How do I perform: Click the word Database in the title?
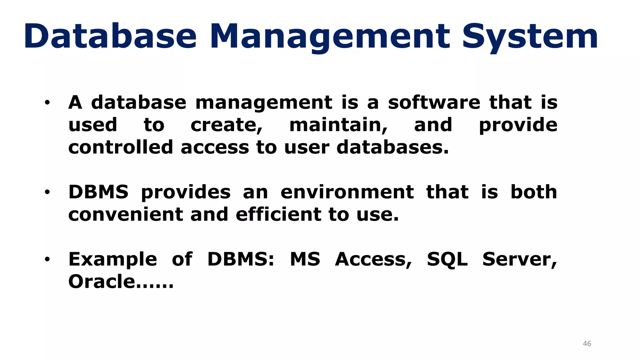pyautogui.click(x=110, y=37)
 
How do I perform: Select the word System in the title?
pyautogui.click(x=530, y=37)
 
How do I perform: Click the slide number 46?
pyautogui.click(x=587, y=343)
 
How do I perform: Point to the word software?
pyautogui.click(x=434, y=102)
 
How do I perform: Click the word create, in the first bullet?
pyautogui.click(x=227, y=125)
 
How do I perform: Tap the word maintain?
pyautogui.click(x=338, y=125)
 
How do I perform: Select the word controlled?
pyautogui.click(x=121, y=147)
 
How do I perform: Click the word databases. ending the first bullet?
pyautogui.click(x=392, y=147)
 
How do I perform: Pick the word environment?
pyautogui.click(x=347, y=192)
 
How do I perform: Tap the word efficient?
pyautogui.click(x=278, y=214)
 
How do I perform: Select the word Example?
pyautogui.click(x=112, y=259)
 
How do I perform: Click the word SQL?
pyautogui.click(x=447, y=259)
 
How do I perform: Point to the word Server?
pyautogui.click(x=520, y=259)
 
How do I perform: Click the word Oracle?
pyautogui.click(x=102, y=282)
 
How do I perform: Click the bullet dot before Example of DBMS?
pyautogui.click(x=47, y=259)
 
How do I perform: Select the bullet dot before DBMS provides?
pyautogui.click(x=47, y=192)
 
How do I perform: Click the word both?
pyautogui.click(x=534, y=192)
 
